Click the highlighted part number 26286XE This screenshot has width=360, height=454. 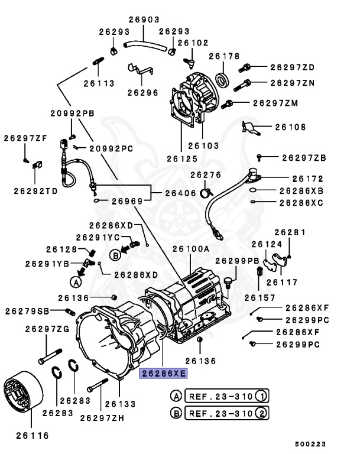coord(163,374)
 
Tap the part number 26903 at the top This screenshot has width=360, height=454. coord(144,20)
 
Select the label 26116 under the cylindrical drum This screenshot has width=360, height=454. coord(28,436)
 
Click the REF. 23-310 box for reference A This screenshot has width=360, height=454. coord(219,395)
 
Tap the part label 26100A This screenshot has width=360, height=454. coord(191,250)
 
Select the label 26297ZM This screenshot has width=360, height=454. coord(275,103)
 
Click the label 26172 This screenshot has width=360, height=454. coord(308,178)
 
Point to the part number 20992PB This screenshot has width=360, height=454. coord(72,113)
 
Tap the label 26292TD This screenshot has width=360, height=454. coord(36,191)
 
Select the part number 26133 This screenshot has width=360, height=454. coord(121,405)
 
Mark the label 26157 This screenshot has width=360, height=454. coord(260,297)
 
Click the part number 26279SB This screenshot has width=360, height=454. coord(27,311)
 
